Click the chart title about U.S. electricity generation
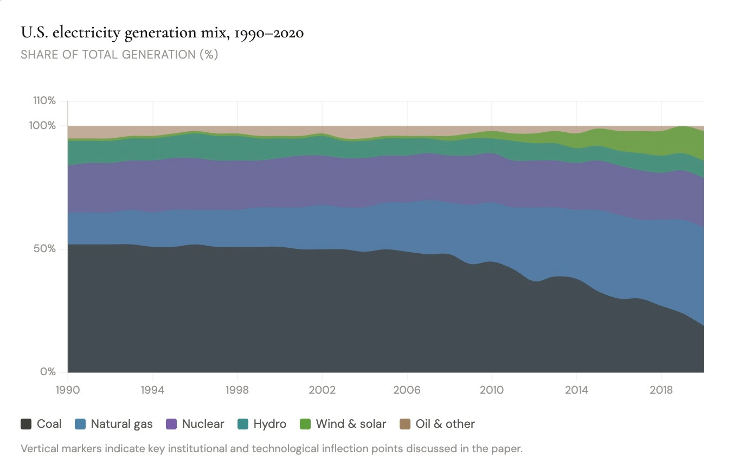pyautogui.click(x=162, y=34)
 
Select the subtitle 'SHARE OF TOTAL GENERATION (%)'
pyautogui.click(x=119, y=55)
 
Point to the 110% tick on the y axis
pyautogui.click(x=44, y=101)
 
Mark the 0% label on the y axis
pyautogui.click(x=48, y=372)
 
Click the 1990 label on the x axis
pyautogui.click(x=68, y=390)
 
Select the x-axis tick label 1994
pyautogui.click(x=153, y=390)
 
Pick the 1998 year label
pyautogui.click(x=237, y=390)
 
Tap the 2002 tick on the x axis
pyautogui.click(x=322, y=390)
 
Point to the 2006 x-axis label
pyautogui.click(x=407, y=390)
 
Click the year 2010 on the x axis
pyautogui.click(x=492, y=390)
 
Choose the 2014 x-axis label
pyautogui.click(x=576, y=390)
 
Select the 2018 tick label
pyautogui.click(x=661, y=390)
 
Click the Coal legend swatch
pyautogui.click(x=26, y=424)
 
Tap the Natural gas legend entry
pyautogui.click(x=113, y=424)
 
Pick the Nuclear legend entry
pyautogui.click(x=195, y=424)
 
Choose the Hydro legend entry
pyautogui.click(x=262, y=424)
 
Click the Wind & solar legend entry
pyautogui.click(x=343, y=424)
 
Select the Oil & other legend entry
pyautogui.click(x=437, y=424)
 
